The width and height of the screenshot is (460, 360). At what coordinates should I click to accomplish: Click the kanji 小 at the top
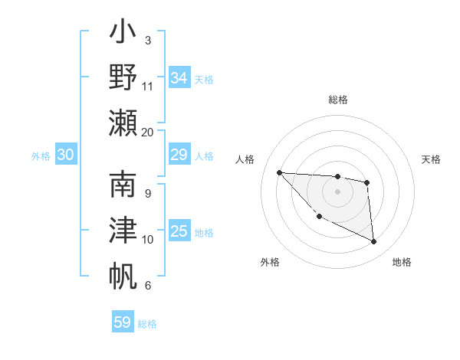123,34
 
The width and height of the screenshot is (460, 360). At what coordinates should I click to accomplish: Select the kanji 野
123,77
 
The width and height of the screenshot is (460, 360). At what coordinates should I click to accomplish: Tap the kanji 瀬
123,122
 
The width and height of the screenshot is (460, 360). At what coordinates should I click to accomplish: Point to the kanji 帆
123,275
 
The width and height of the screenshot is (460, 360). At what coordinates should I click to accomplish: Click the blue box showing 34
179,78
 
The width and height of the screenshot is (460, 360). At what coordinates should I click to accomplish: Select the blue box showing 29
179,155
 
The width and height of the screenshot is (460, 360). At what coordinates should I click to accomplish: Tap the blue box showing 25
179,232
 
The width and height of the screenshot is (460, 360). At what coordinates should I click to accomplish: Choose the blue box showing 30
66,155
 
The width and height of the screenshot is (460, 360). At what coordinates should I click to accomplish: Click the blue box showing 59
123,322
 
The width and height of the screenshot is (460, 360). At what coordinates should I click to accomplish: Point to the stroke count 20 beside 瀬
148,132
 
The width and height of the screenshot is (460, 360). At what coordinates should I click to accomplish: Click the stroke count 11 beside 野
148,87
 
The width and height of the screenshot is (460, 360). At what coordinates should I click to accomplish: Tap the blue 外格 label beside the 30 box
41,156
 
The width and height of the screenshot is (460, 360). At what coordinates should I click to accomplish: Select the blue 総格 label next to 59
147,324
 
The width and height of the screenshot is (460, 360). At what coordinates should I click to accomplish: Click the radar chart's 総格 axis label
338,100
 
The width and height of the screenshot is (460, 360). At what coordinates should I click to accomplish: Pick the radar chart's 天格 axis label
432,159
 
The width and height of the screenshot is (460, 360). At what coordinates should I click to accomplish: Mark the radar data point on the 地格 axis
374,242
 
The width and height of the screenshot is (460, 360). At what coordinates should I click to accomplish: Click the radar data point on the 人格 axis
279,172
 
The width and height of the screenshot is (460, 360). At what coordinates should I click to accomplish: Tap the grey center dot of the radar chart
337,191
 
